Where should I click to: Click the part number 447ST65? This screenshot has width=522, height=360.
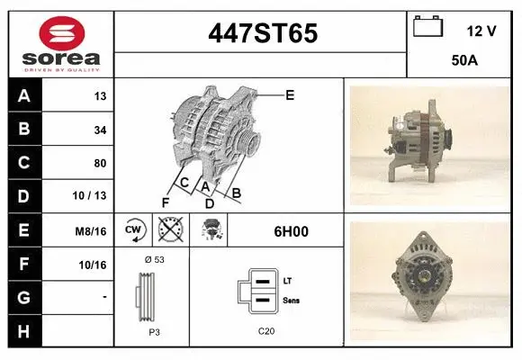tap(262, 33)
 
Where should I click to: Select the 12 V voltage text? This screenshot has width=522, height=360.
tap(481, 31)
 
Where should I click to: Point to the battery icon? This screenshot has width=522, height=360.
tap(427, 28)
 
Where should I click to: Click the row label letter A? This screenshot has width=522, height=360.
tap(24, 96)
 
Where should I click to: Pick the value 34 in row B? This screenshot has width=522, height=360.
tap(100, 130)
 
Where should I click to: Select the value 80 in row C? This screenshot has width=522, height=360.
tap(100, 164)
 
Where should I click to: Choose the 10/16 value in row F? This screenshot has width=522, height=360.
tap(93, 265)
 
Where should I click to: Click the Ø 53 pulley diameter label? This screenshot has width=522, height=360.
tap(153, 259)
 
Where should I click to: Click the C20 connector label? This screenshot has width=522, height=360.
tap(265, 331)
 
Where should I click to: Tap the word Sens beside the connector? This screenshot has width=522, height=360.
tap(291, 300)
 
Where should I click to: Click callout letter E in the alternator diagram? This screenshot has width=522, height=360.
tap(290, 94)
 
